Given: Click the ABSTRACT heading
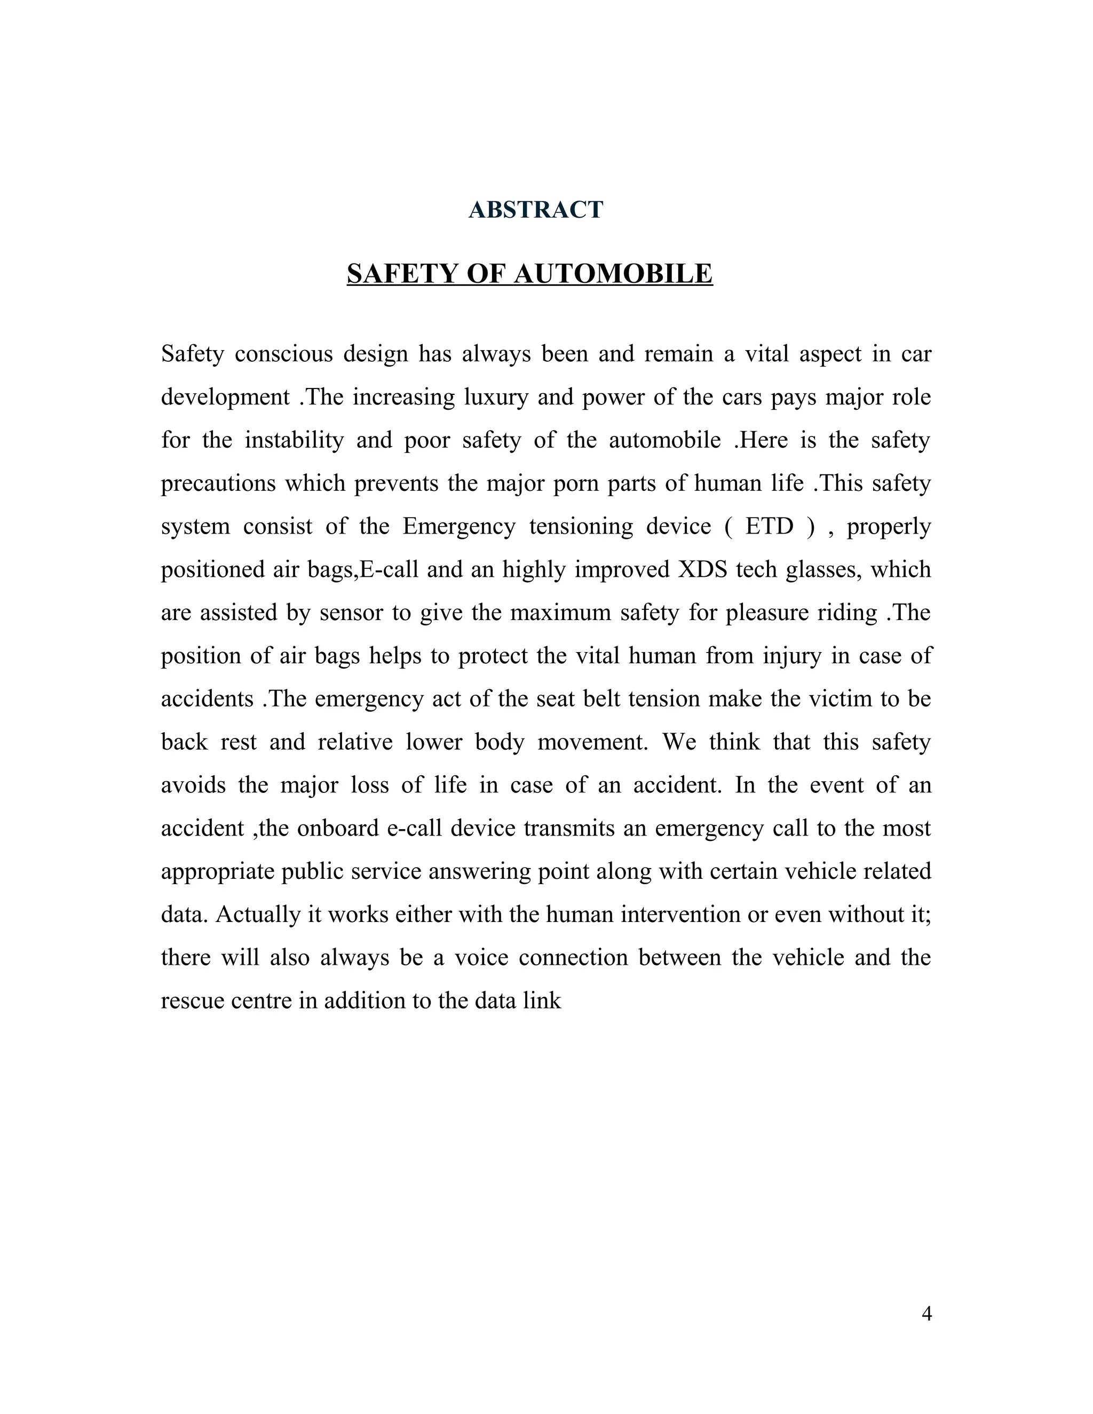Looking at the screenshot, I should point(535,210).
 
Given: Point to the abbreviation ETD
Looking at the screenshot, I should point(769,526).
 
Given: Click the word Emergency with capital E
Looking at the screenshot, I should point(458,526).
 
